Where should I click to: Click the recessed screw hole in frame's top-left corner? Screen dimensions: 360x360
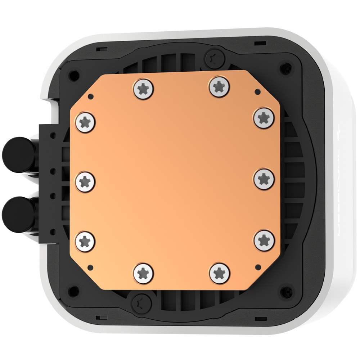pyautogui.click(x=73, y=76)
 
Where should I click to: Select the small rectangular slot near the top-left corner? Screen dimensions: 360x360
pyautogui.click(x=102, y=48)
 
